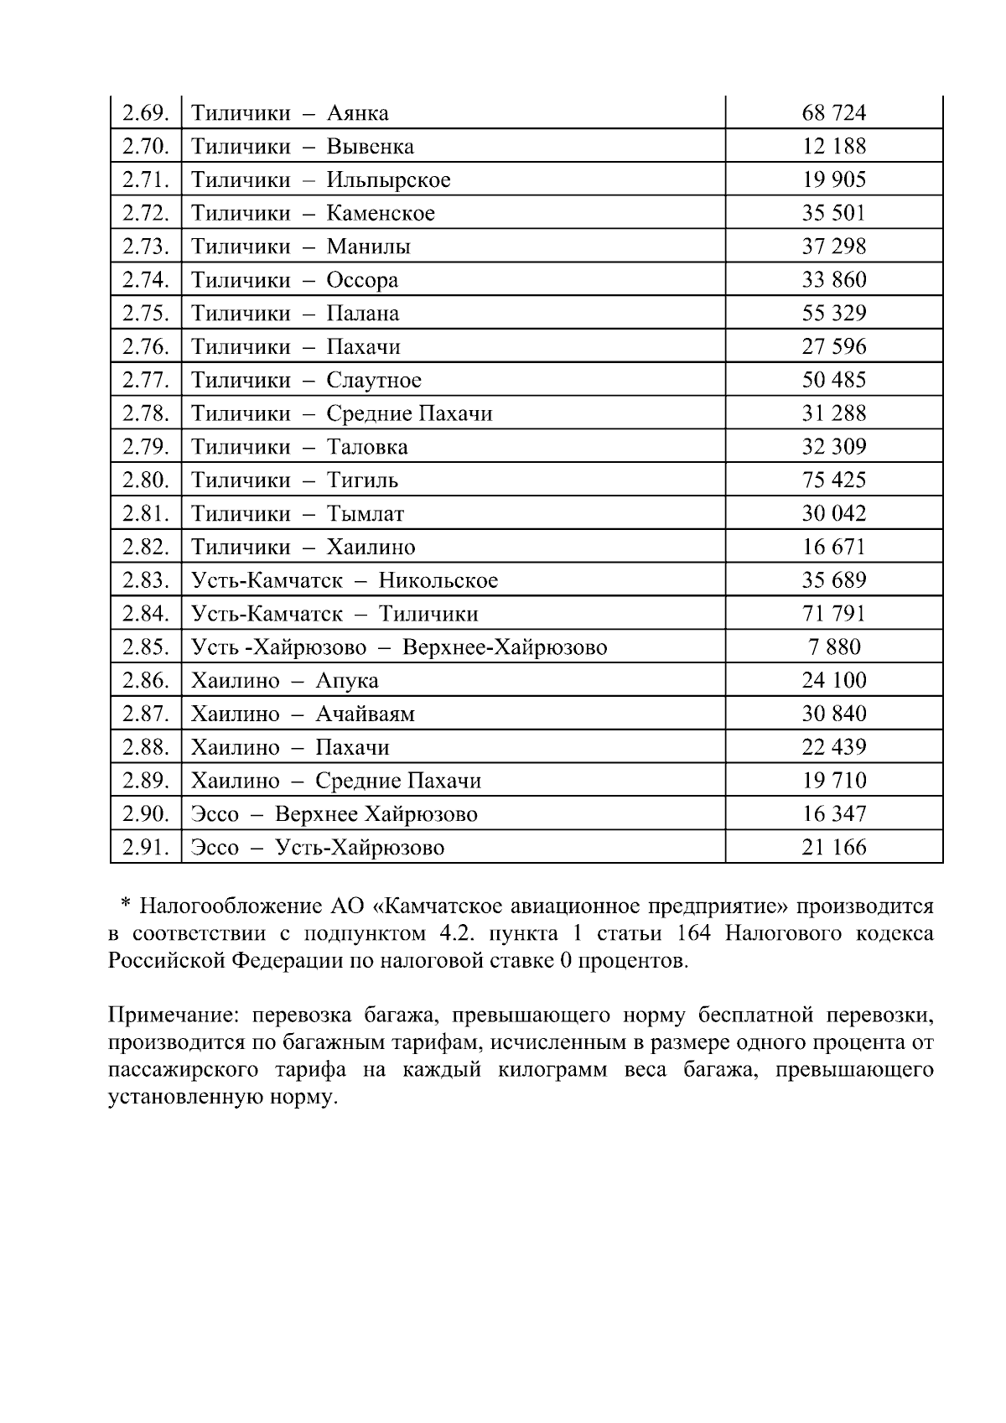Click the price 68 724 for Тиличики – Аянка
833,112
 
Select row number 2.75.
146,313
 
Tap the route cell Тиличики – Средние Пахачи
341,413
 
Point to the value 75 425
833,480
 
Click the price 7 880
833,647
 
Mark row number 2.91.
146,847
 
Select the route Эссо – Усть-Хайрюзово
318,847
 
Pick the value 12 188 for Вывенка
833,146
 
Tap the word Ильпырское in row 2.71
388,179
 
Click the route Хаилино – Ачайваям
303,714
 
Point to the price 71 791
833,613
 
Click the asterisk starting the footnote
125,906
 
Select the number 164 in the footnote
693,933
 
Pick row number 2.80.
146,480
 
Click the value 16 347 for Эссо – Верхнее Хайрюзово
833,813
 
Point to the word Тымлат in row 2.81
365,513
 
